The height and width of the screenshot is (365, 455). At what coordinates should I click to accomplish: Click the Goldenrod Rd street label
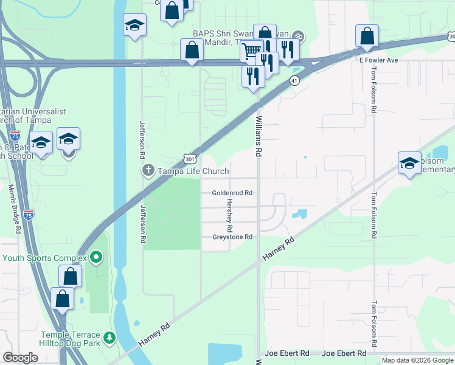tap(232, 193)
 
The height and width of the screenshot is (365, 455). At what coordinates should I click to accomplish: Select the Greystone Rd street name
tap(232, 237)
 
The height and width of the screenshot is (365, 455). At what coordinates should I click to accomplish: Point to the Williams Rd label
tap(259, 137)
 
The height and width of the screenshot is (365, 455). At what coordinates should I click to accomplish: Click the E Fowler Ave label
tap(378, 60)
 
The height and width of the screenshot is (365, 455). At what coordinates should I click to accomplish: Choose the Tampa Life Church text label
tap(193, 172)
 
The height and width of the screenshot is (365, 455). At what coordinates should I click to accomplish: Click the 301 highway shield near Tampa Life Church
tap(189, 157)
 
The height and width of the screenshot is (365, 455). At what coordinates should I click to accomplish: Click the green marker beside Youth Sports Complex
tap(96, 258)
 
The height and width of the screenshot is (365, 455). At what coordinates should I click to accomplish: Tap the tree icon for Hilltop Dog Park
tap(109, 336)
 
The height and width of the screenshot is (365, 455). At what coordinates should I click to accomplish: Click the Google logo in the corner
tap(21, 358)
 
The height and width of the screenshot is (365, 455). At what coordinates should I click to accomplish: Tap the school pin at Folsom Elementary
tap(409, 162)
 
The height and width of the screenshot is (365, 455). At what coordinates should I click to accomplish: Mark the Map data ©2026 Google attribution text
tap(417, 360)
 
